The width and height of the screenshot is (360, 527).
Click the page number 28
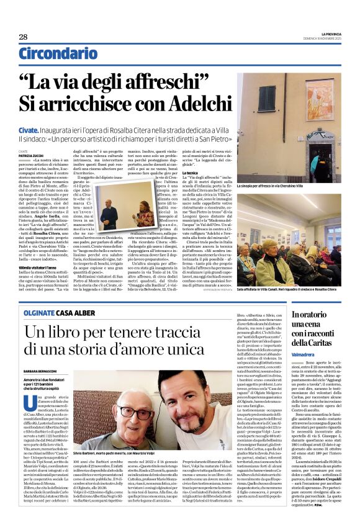coord(23,37)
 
